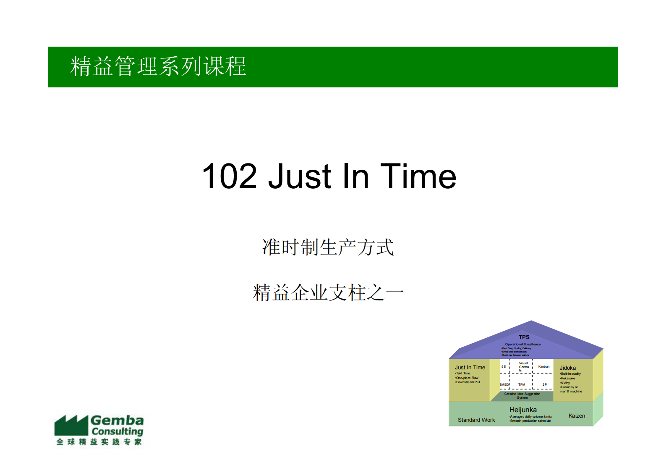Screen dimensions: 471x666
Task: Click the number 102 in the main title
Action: [229, 176]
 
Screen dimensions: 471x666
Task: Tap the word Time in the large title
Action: [418, 176]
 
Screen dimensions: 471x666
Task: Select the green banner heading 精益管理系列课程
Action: [158, 66]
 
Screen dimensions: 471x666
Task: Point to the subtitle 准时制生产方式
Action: [328, 247]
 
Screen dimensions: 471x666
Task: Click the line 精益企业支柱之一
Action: [328, 293]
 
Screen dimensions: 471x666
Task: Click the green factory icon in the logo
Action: [71, 425]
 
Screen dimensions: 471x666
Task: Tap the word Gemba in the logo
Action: [117, 420]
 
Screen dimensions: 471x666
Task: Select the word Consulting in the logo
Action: [118, 432]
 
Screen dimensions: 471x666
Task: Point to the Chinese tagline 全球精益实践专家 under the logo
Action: [99, 442]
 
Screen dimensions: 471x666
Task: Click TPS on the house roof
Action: [524, 337]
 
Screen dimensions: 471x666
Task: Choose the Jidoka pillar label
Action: [567, 368]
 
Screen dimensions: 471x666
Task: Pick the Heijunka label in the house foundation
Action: [523, 410]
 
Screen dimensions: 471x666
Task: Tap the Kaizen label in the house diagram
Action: [577, 416]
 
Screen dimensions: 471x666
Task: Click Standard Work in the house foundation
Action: [476, 420]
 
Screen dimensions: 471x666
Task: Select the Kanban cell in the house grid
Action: [543, 366]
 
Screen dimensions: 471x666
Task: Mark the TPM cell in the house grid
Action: [522, 384]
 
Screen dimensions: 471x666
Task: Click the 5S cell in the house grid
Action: [504, 366]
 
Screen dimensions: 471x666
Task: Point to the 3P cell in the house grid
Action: [544, 384]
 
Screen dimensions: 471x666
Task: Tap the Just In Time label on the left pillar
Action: [470, 367]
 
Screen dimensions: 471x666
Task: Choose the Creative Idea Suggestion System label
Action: [522, 395]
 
